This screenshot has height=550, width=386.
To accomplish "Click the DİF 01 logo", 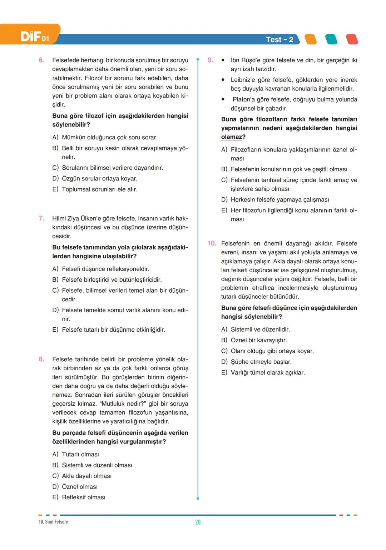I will pyautogui.click(x=34, y=36).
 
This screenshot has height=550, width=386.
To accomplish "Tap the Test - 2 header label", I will pyautogui.click(x=279, y=40).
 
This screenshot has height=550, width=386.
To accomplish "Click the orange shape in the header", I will pyautogui.click(x=311, y=39).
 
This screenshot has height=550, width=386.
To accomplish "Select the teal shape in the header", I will pyautogui.click(x=331, y=39).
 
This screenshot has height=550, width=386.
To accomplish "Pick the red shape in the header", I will pyautogui.click(x=352, y=39).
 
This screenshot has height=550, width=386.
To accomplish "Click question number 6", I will pyautogui.click(x=41, y=60).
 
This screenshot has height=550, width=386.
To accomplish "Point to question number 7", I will pyautogui.click(x=41, y=218).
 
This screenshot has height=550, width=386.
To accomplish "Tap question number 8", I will pyautogui.click(x=41, y=359).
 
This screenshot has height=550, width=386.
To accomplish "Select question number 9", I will pyautogui.click(x=210, y=60).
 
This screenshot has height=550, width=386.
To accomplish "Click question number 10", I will pyautogui.click(x=212, y=243).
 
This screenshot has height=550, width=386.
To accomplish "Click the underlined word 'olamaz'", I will pyautogui.click(x=232, y=137).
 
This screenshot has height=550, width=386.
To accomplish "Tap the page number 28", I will pyautogui.click(x=198, y=522).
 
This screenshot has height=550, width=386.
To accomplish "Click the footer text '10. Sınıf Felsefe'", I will pyautogui.click(x=53, y=522).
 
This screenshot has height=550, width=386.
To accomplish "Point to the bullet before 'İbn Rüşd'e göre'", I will pyautogui.click(x=223, y=60).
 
